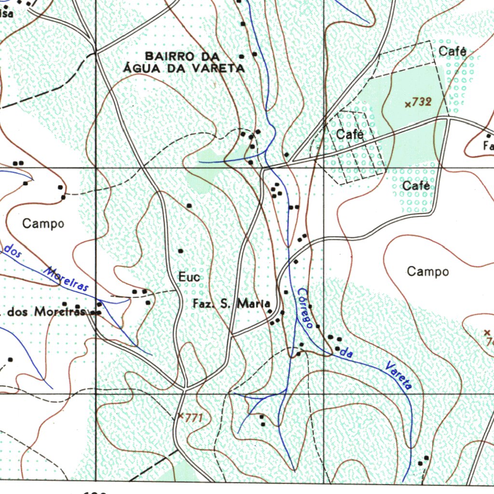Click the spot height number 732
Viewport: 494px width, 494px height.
pyautogui.click(x=421, y=102)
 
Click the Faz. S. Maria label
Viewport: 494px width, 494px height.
pyautogui.click(x=231, y=304)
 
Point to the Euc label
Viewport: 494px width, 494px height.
pyautogui.click(x=189, y=277)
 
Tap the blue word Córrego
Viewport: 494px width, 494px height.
pyautogui.click(x=305, y=308)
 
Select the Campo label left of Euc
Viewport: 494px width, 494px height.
pyautogui.click(x=43, y=223)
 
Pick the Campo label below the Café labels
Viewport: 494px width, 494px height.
pyautogui.click(x=427, y=271)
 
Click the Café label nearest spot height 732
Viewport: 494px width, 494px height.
pyautogui.click(x=452, y=51)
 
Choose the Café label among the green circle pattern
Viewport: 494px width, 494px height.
pyautogui.click(x=415, y=185)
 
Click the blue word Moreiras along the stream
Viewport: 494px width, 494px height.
pyautogui.click(x=67, y=279)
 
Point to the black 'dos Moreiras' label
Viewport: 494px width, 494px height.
pyautogui.click(x=46, y=312)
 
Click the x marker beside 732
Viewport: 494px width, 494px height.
pyautogui.click(x=408, y=104)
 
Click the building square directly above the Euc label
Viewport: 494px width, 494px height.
pyautogui.click(x=181, y=251)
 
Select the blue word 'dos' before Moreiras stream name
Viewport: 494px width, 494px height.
pyautogui.click(x=13, y=251)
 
